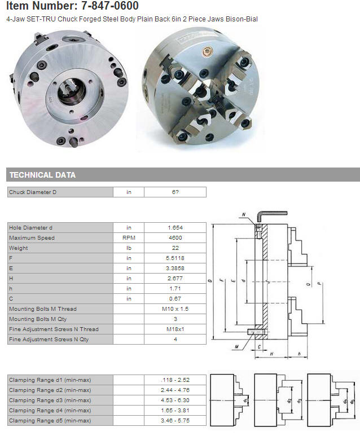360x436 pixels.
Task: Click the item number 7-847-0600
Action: click(110, 6)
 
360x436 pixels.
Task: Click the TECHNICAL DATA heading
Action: click(42, 175)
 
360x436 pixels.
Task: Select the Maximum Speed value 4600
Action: click(175, 238)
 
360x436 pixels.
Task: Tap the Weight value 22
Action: click(175, 248)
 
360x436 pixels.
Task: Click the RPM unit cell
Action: click(129, 238)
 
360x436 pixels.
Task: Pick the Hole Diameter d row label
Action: click(30, 228)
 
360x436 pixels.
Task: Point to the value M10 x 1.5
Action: click(175, 309)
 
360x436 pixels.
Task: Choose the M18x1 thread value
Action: click(175, 329)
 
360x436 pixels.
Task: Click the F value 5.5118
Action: click(175, 258)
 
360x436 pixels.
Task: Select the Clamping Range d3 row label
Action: click(50, 400)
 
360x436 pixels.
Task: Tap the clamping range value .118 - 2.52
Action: click(175, 380)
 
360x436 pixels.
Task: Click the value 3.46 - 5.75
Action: click(175, 421)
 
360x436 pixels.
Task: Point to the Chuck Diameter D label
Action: click(33, 192)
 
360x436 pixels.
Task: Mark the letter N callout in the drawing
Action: click(244, 214)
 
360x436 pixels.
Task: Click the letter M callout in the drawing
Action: click(236, 346)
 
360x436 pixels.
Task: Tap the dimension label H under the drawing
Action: click(271, 354)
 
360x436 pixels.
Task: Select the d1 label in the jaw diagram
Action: click(245, 400)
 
